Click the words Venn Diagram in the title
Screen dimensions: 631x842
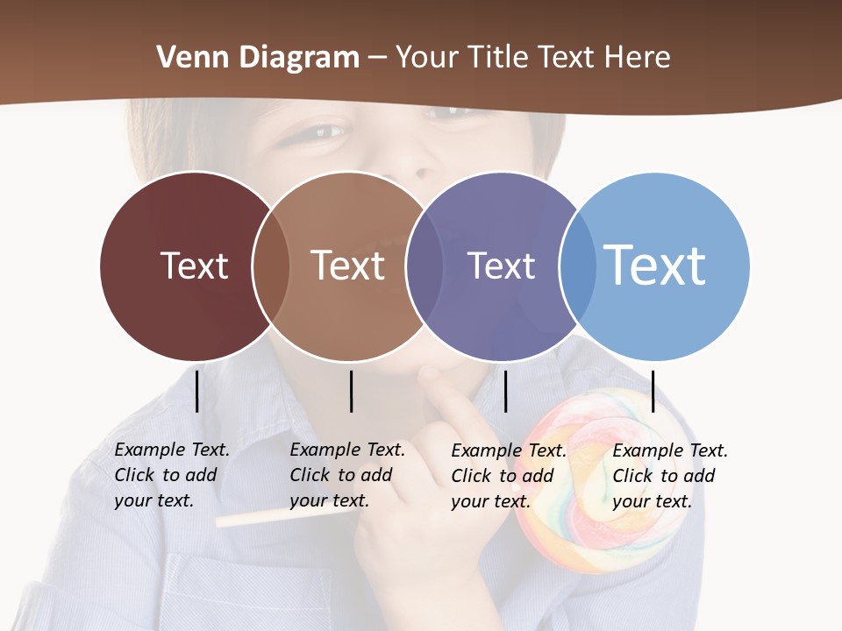(258, 58)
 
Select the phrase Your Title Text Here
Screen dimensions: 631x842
(533, 58)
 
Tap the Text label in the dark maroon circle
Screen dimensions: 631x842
(194, 266)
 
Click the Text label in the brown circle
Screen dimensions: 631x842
(347, 266)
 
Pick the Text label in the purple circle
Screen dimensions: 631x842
(501, 266)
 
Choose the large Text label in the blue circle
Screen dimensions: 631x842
(654, 265)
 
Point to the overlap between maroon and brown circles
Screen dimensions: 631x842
(271, 266)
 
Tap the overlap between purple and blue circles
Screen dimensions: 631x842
(577, 266)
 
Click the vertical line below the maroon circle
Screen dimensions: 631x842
(197, 391)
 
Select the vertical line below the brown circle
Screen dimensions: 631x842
(351, 391)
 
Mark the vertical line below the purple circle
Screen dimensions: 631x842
(505, 391)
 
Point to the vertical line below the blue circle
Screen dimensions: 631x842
(653, 391)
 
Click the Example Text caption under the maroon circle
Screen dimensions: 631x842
(171, 475)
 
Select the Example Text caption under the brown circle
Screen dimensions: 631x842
(346, 475)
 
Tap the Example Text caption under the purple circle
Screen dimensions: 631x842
(508, 476)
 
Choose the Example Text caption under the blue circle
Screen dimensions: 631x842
(669, 476)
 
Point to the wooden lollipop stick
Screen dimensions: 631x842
(263, 517)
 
